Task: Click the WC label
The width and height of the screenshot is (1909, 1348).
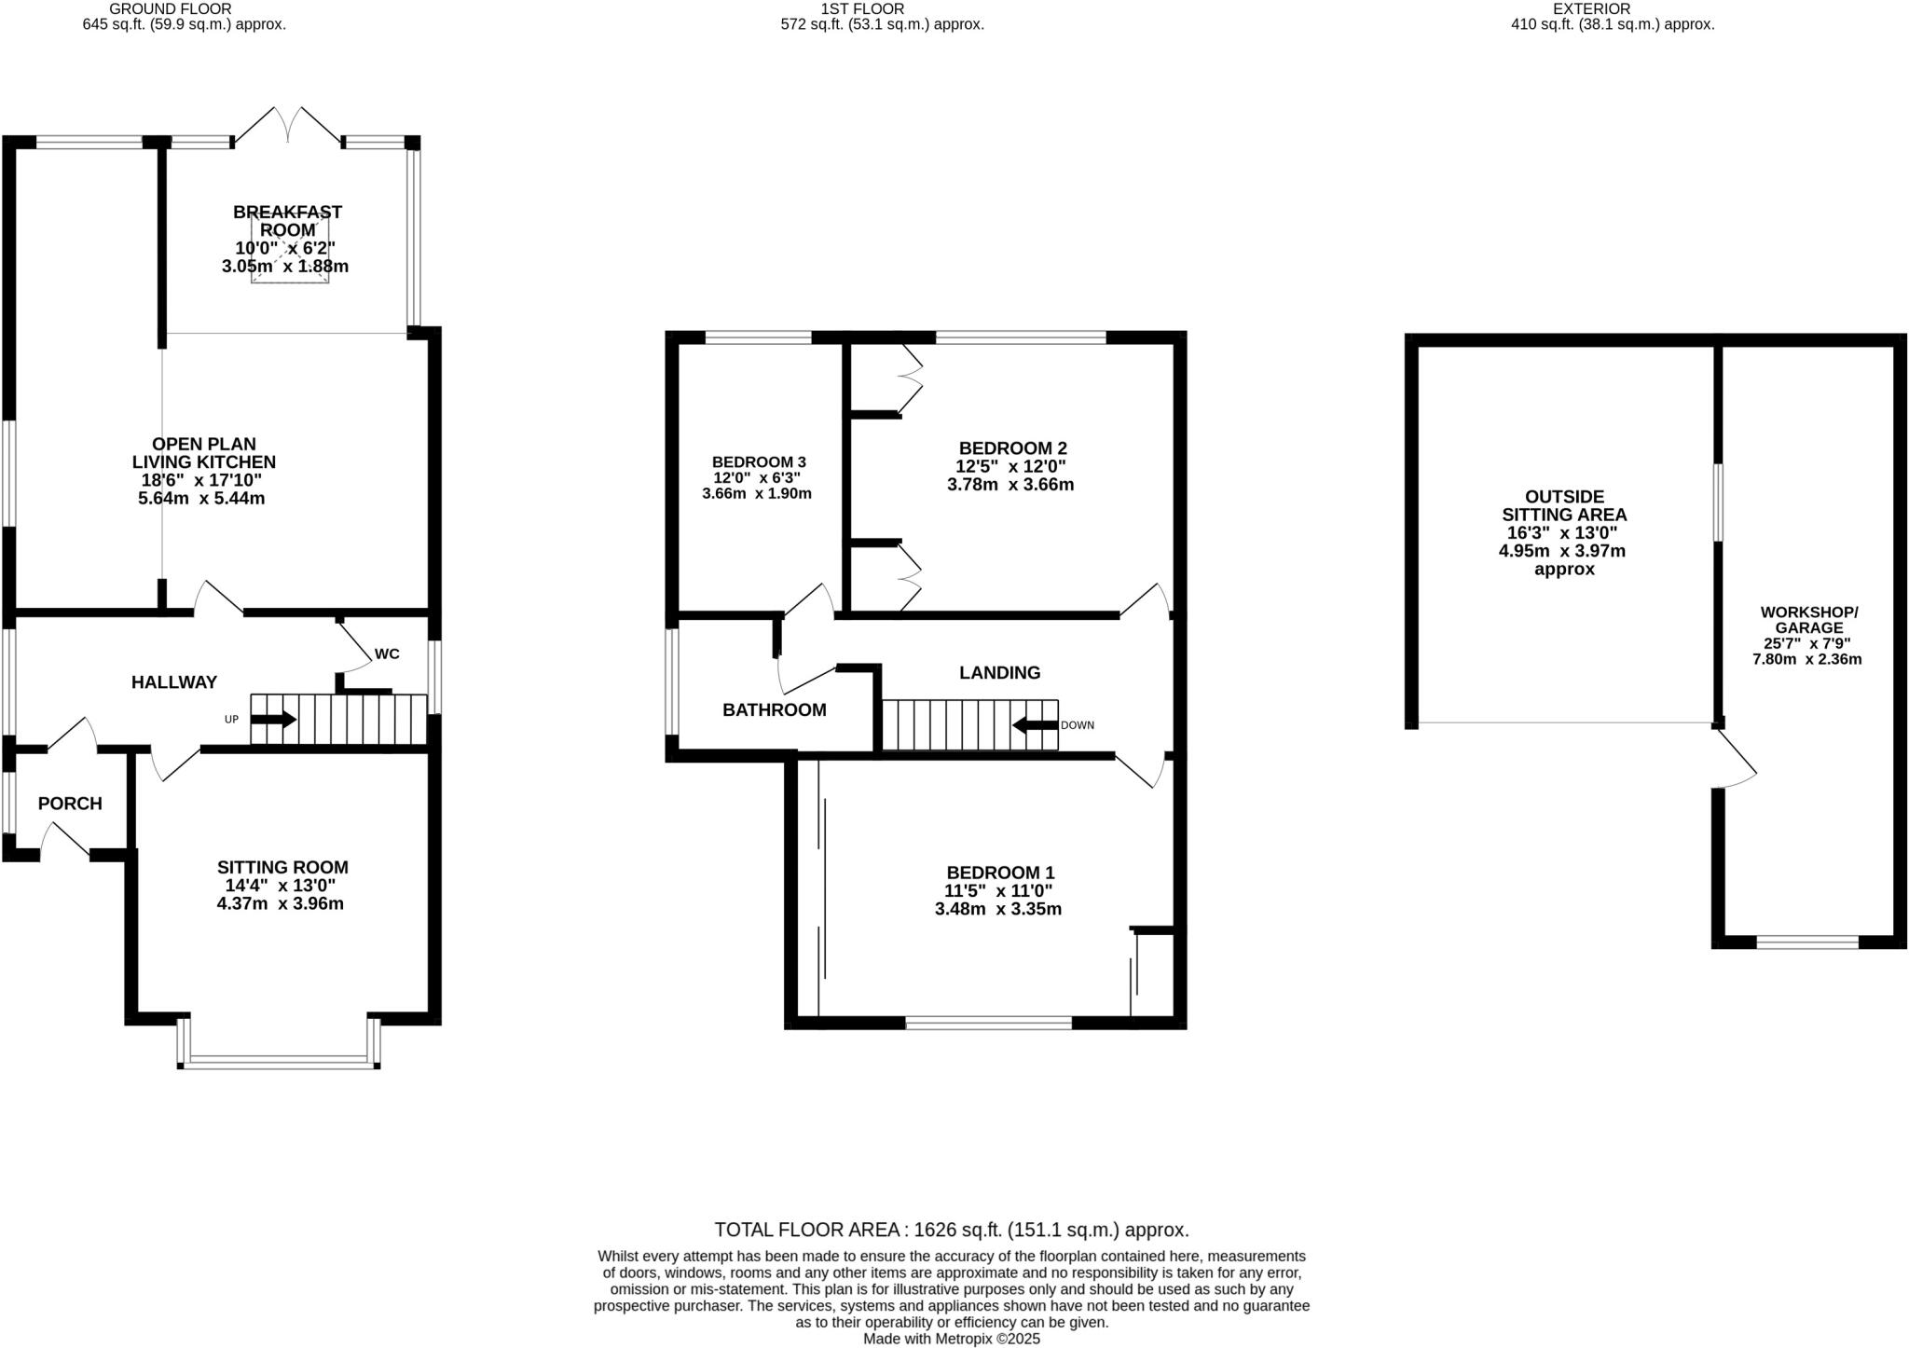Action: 387,653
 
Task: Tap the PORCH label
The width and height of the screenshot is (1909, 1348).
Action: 70,804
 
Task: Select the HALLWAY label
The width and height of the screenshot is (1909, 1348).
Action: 174,682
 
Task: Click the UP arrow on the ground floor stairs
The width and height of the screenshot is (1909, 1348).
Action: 274,720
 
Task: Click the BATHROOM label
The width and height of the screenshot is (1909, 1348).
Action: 775,710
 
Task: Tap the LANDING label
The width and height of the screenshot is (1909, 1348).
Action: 1000,673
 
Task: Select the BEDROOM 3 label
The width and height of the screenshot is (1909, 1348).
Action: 759,462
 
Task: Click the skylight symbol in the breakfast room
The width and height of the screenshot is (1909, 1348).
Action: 290,248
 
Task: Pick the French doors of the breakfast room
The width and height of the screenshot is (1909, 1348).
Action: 290,125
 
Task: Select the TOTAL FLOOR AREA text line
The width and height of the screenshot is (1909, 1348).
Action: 952,1230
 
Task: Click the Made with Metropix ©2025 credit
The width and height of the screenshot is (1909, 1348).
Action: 952,1340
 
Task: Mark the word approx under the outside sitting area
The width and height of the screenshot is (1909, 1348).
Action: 1565,570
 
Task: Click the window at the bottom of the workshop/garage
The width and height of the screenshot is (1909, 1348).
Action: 1807,942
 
